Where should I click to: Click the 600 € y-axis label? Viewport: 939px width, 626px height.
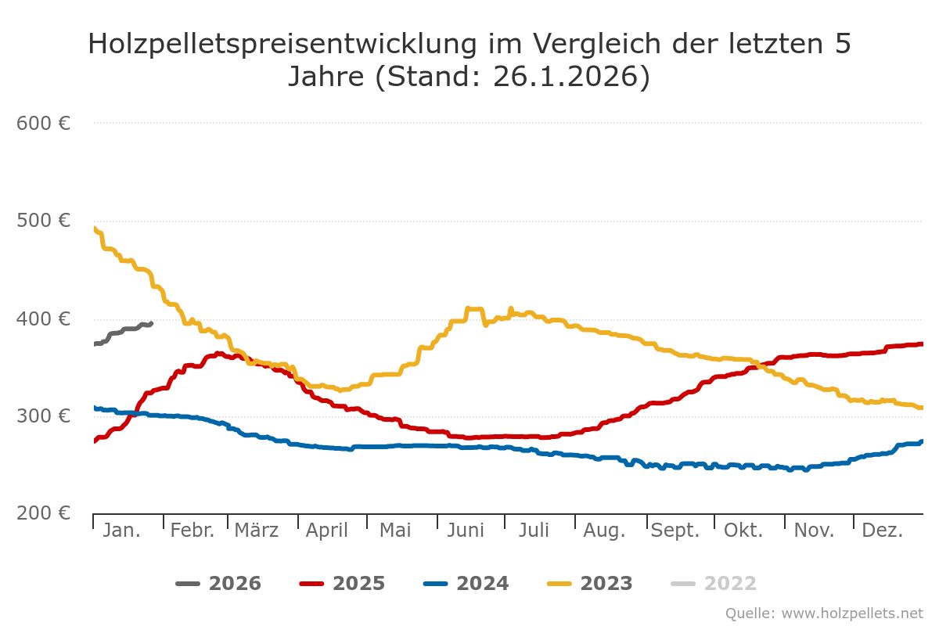point(44,123)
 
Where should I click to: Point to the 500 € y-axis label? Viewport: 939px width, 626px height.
point(44,221)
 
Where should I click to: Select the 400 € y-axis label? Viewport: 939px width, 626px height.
point(44,318)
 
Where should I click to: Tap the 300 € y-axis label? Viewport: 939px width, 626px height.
point(44,416)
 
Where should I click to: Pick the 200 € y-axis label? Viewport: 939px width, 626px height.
point(44,513)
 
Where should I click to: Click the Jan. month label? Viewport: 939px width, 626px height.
point(122,531)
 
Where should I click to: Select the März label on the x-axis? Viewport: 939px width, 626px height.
point(257,531)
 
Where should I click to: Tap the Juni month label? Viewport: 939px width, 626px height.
point(466,531)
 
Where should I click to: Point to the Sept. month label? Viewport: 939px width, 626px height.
point(675,531)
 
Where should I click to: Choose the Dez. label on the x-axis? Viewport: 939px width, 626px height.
point(883,531)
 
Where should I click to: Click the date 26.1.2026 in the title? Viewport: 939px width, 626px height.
point(567,77)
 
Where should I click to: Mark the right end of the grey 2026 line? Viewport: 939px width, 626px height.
point(151,323)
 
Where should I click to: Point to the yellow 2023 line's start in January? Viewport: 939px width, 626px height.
point(95,228)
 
